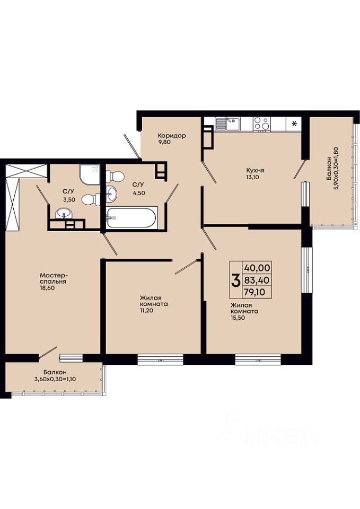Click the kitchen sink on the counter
coord(228,124)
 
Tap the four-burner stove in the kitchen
coord(262,124)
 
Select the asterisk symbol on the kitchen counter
coord(294,124)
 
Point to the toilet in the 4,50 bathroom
coord(115,177)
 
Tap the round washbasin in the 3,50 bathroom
coord(64,214)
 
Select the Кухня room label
coord(255,170)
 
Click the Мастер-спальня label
coord(53,278)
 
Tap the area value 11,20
coord(146,310)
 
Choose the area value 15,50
coord(238,318)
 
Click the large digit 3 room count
coord(235,280)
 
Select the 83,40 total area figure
coord(257,280)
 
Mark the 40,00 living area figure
coord(257,268)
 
